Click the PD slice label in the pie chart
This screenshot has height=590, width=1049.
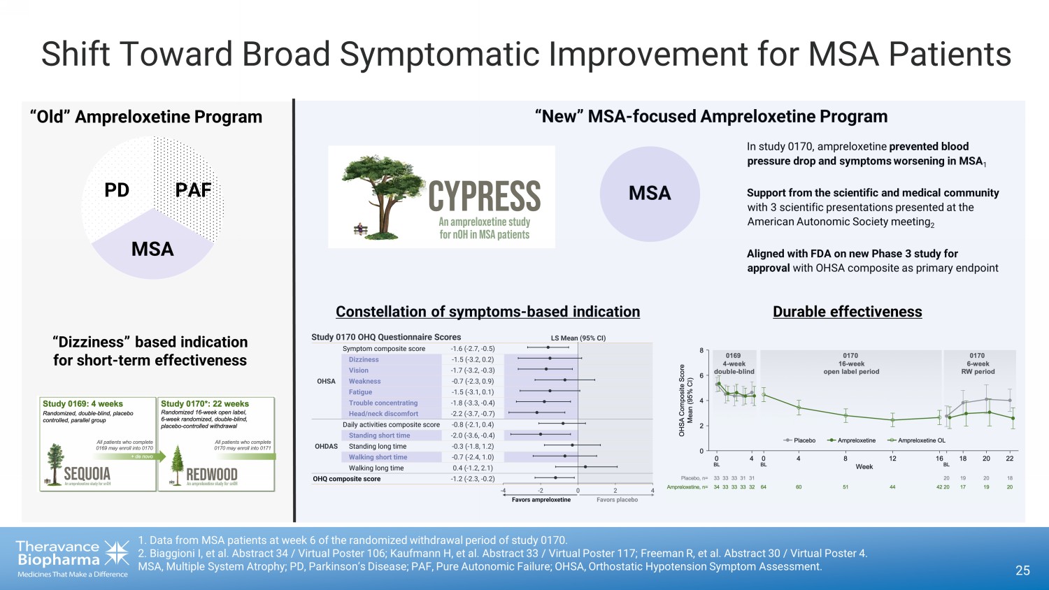tap(117, 190)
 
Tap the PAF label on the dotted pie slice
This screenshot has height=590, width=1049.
tap(193, 190)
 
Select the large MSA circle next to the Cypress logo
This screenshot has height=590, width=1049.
tap(650, 194)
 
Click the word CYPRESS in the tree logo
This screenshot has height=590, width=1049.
tap(484, 196)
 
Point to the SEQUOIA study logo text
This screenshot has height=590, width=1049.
tap(87, 474)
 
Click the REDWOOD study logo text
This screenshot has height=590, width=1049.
tap(211, 475)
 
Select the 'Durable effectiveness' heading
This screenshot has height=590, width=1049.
tap(847, 312)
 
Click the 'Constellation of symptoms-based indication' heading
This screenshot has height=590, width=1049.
tap(487, 312)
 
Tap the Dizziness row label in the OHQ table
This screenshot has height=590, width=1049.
tap(364, 359)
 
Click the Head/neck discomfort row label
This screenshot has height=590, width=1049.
tap(383, 414)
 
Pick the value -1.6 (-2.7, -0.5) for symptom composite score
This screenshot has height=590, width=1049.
tap(472, 348)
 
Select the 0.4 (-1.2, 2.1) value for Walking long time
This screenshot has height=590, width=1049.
tap(473, 468)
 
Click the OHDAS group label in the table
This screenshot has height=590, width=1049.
tap(326, 446)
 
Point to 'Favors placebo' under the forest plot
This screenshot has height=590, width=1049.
tap(617, 500)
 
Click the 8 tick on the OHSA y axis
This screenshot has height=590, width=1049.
tap(701, 350)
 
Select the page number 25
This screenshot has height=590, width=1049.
tap(1022, 570)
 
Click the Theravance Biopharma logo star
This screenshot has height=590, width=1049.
tap(116, 552)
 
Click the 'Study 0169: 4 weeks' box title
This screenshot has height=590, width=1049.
tap(83, 403)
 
